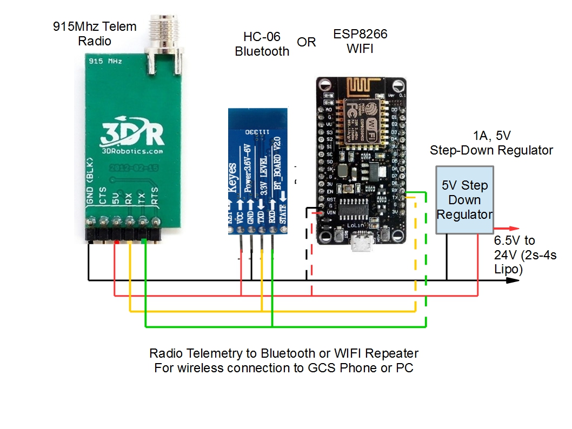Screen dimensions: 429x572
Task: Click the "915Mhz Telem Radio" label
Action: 95,33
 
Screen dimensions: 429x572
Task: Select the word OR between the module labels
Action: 306,42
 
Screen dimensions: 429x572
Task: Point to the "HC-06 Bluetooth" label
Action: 262,45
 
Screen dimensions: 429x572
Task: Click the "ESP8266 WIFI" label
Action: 361,41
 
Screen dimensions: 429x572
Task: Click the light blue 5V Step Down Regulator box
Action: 464,200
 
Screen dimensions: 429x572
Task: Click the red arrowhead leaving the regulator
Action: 514,229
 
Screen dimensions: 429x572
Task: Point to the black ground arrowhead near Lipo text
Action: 511,280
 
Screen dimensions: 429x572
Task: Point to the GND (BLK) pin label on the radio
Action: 91,182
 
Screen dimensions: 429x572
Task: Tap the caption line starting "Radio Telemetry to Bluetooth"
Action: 283,353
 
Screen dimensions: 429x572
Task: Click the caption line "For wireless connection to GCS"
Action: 283,368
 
